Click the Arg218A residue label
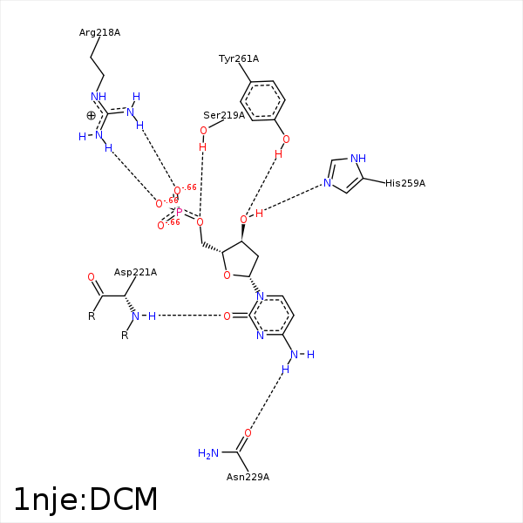click(x=99, y=33)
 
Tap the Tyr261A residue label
click(x=239, y=58)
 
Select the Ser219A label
click(x=224, y=115)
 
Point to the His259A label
click(x=405, y=183)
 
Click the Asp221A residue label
click(x=135, y=273)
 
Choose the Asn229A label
click(x=248, y=477)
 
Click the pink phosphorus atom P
click(x=179, y=212)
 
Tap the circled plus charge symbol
click(x=91, y=116)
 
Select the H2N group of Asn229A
click(x=208, y=453)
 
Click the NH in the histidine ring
click(x=358, y=158)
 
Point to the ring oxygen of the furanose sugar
click(x=227, y=275)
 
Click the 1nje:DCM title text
click(x=85, y=499)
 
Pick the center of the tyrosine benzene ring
click(x=262, y=100)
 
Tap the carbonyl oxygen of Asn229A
click(x=248, y=433)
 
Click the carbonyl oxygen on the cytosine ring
click(x=227, y=316)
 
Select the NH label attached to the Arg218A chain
click(x=98, y=97)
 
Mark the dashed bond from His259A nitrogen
click(x=293, y=198)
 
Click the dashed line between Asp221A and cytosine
click(x=189, y=316)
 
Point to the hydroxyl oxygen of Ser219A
click(x=203, y=131)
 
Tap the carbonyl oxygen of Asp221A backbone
click(x=91, y=277)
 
